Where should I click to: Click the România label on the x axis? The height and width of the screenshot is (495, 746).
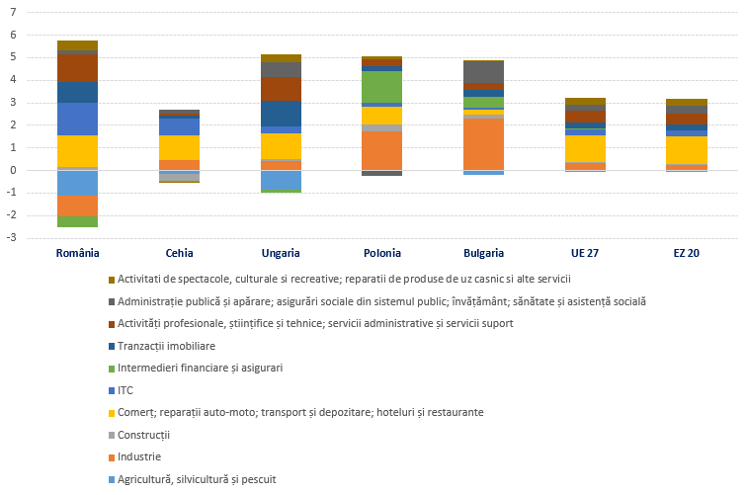(x=77, y=254)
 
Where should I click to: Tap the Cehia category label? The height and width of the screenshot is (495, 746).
(x=179, y=254)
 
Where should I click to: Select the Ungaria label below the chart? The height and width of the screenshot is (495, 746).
(x=281, y=254)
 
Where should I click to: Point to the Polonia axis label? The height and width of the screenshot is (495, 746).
(x=382, y=254)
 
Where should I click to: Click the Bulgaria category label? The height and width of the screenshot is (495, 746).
(x=483, y=254)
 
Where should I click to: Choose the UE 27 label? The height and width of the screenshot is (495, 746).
(x=585, y=254)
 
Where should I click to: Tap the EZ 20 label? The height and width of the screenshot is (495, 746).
(x=687, y=254)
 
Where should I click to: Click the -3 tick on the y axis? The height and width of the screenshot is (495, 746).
(x=12, y=238)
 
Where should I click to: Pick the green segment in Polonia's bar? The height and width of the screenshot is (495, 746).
(x=382, y=87)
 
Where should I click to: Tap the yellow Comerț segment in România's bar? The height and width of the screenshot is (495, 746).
(x=77, y=151)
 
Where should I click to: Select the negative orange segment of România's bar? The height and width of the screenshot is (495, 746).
(x=77, y=206)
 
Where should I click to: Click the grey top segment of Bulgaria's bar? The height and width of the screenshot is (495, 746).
(x=483, y=71)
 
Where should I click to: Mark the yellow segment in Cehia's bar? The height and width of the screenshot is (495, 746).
(x=179, y=147)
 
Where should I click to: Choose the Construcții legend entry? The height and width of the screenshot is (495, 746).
(x=143, y=435)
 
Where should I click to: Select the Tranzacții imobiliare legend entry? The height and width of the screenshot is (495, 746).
(x=166, y=346)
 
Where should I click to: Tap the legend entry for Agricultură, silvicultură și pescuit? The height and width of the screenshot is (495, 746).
(x=196, y=479)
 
